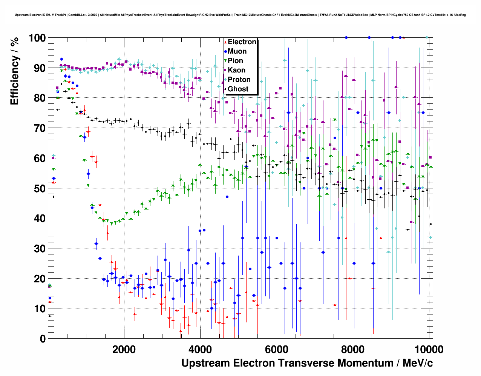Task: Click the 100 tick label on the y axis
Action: (37, 38)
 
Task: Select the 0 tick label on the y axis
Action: (43, 339)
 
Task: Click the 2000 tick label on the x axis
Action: (124, 349)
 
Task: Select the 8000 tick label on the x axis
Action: (353, 349)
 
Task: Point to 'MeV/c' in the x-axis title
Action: (417, 363)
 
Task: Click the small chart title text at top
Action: (240, 15)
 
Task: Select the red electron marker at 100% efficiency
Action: (404, 37)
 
